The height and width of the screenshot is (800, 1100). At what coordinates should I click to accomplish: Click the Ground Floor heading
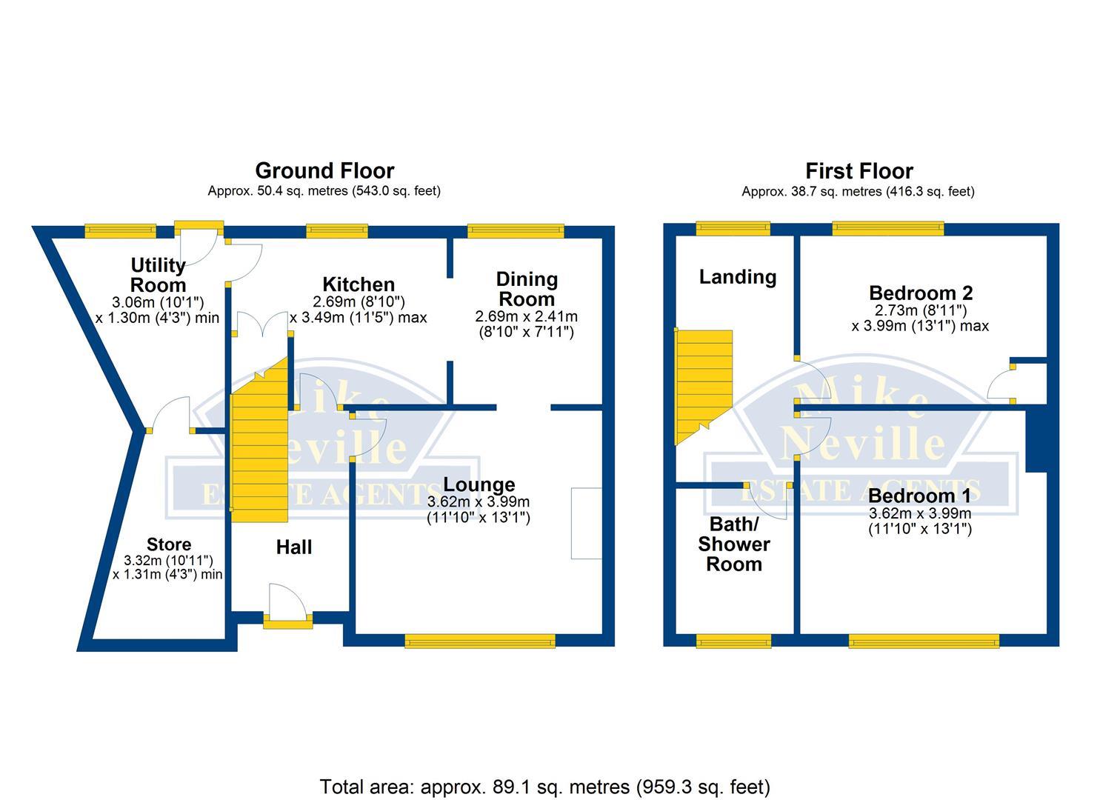(x=324, y=171)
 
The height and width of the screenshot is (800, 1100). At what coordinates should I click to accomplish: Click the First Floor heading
(x=859, y=171)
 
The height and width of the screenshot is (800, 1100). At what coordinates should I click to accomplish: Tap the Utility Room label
(x=158, y=275)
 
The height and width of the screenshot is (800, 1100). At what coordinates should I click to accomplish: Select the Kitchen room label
(x=359, y=284)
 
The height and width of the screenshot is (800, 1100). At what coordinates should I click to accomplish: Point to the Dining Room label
(x=526, y=289)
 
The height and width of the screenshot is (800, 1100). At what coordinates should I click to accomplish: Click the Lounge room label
(x=479, y=485)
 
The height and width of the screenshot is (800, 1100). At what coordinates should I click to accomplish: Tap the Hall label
(x=294, y=547)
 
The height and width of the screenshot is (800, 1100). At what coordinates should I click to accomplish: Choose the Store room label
(x=169, y=545)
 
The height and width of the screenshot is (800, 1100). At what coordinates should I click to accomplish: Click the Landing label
(x=738, y=277)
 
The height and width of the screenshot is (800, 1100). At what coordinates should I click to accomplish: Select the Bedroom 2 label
(x=921, y=293)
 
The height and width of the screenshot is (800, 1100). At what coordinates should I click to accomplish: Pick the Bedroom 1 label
(x=919, y=496)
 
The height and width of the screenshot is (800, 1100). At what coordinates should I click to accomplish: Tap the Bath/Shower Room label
(x=733, y=544)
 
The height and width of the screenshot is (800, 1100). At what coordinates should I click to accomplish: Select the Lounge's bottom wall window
(x=480, y=641)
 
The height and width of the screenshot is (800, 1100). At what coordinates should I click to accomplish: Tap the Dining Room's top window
(x=516, y=232)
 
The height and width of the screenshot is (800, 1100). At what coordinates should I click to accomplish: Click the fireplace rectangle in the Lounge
(x=586, y=523)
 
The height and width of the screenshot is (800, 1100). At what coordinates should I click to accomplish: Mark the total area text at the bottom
(x=544, y=786)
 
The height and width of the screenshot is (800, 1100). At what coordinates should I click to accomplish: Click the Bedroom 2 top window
(x=887, y=229)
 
